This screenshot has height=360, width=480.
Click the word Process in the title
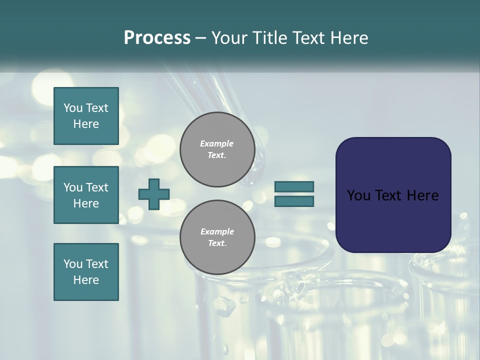[157, 38]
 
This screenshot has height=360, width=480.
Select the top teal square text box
[86, 116]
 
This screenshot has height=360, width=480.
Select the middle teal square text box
[86, 195]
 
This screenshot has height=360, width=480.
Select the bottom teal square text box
[86, 272]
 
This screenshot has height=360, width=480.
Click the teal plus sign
[154, 194]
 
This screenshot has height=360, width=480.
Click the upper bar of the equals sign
[294, 186]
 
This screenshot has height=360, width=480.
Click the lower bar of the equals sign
[294, 201]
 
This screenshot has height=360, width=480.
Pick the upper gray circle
[217, 149]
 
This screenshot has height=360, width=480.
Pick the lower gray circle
[217, 237]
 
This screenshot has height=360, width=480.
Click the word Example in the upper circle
[217, 143]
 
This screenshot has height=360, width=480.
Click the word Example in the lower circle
[217, 231]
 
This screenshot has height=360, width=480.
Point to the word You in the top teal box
[73, 108]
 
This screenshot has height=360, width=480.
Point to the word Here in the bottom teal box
[86, 280]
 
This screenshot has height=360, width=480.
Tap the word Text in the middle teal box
[97, 187]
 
